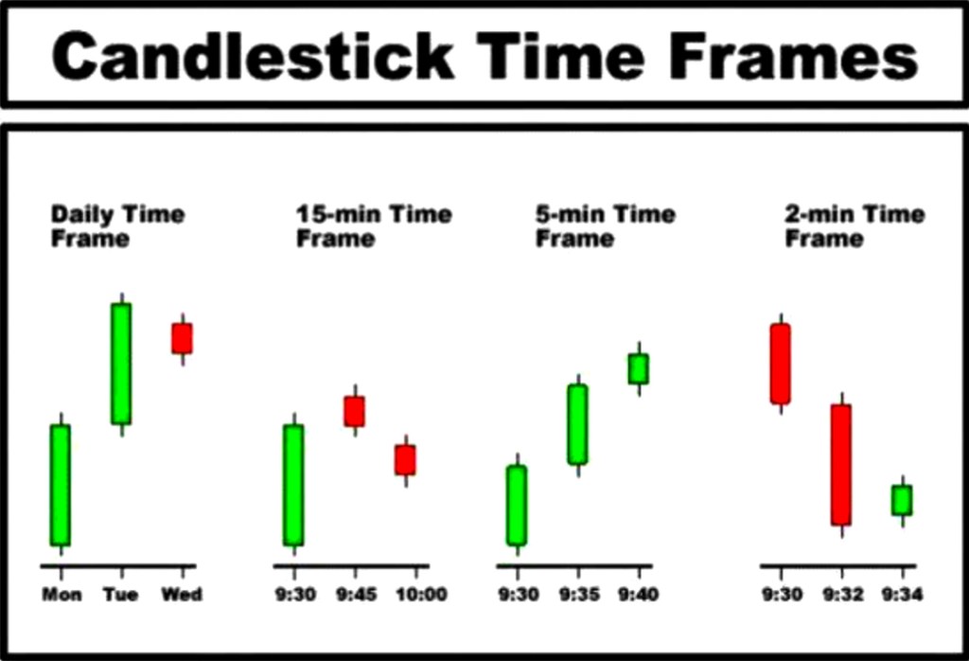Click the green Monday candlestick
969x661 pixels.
[61, 486]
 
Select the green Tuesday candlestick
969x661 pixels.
[121, 364]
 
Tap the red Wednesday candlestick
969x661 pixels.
[182, 338]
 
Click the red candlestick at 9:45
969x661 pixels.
[355, 411]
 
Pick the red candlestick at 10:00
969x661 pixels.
[405, 460]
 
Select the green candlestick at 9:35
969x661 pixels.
[578, 424]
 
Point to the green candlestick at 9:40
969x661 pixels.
[639, 368]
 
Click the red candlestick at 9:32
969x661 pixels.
[841, 465]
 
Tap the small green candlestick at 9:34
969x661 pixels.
[902, 500]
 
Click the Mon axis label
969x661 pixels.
[62, 595]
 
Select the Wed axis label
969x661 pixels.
[182, 595]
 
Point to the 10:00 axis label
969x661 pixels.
[421, 595]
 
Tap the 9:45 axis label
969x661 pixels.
[357, 595]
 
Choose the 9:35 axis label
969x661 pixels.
[579, 595]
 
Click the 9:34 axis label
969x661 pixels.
[902, 595]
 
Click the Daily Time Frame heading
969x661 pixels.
[117, 226]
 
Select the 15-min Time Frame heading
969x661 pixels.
[374, 226]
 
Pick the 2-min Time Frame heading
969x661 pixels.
[854, 226]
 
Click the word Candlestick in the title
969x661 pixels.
[254, 56]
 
